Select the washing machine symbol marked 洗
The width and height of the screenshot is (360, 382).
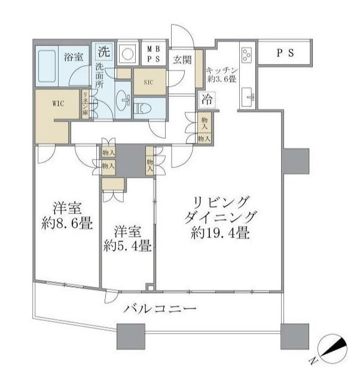click(104, 52)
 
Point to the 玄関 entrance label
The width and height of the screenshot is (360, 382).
click(182, 60)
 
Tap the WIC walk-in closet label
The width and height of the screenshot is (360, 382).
click(58, 103)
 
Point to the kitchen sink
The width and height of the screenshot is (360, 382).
click(248, 94)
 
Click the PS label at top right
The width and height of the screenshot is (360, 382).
click(285, 53)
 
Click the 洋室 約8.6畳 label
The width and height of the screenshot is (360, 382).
click(66, 216)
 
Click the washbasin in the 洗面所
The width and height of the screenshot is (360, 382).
click(124, 99)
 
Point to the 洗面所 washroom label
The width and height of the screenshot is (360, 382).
click(99, 76)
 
